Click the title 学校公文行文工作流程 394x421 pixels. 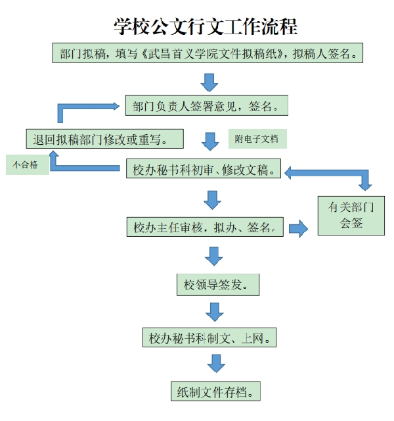pos(206,26)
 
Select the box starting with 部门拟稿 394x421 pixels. pos(208,53)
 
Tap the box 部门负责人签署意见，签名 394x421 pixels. pos(207,105)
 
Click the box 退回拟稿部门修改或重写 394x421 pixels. pos(105,139)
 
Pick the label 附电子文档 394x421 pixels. pos(257,139)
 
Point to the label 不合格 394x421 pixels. pos(28,164)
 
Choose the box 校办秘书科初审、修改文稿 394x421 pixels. pos(204,168)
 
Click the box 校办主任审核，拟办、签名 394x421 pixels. pos(205,227)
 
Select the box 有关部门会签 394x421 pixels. pos(351,216)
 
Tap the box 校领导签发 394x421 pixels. pos(218,285)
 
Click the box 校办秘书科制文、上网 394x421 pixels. pos(209,337)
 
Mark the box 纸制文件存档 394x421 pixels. pos(215,391)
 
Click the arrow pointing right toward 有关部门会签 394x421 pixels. pos(298,229)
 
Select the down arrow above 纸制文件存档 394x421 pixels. pos(216,363)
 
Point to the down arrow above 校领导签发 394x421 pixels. pos(213,257)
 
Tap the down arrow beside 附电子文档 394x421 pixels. pos(210,141)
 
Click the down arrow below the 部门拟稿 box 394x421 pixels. pos(209,82)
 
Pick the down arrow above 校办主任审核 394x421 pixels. pos(212,200)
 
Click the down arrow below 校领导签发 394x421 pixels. pos(215,312)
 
